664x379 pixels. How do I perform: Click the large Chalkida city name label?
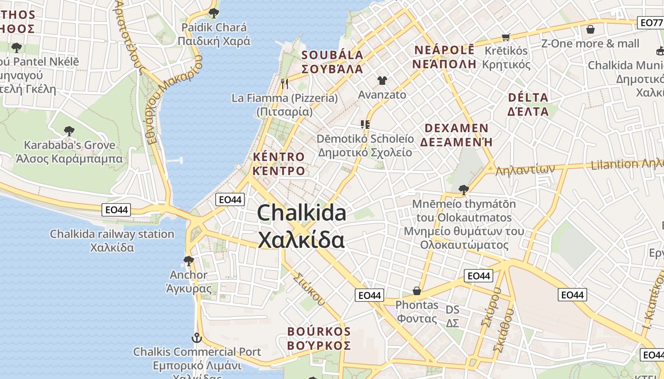302,226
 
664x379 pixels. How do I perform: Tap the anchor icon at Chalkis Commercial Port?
196,338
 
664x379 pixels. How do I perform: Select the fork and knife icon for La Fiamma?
285,84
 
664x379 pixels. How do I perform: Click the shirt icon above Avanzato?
382,81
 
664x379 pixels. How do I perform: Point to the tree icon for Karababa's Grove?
69,131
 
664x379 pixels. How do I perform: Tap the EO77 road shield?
651,22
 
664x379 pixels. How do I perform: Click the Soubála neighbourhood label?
332,62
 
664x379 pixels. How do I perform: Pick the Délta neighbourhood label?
528,105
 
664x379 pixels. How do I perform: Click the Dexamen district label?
456,135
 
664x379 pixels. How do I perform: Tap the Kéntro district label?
279,164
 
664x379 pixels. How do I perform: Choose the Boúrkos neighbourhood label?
319,338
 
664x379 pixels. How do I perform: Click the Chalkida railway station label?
112,241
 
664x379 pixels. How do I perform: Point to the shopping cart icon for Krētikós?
506,37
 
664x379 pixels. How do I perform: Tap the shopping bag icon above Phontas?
416,290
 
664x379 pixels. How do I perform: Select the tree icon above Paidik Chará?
213,13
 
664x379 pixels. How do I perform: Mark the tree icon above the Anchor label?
189,261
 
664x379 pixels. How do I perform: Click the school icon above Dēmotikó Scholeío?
365,125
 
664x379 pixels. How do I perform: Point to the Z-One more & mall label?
590,44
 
